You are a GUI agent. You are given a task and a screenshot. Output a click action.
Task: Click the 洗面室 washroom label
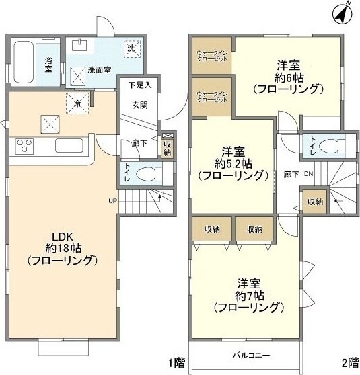[x=99, y=69]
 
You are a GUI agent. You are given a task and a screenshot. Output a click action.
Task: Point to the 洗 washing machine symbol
[x=132, y=48]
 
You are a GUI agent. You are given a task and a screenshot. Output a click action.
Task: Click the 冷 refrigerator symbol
[x=77, y=103]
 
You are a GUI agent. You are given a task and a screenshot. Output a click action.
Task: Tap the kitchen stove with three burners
[x=25, y=147]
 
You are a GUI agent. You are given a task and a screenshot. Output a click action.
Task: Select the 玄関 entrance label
[x=140, y=105]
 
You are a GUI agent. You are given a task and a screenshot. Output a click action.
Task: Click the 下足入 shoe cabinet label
[x=139, y=85]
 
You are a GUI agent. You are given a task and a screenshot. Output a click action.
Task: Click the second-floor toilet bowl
[x=331, y=147]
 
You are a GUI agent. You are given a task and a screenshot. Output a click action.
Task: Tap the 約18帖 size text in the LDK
[x=60, y=247]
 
